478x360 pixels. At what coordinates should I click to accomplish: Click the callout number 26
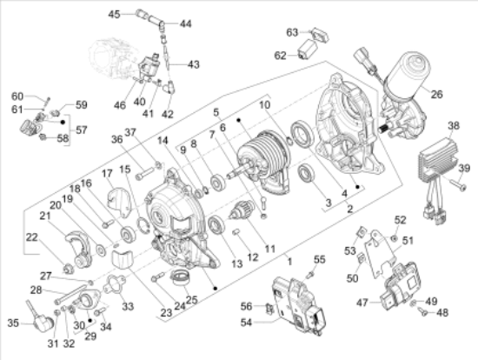pos(436,95)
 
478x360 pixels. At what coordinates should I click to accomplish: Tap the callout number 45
pos(138,14)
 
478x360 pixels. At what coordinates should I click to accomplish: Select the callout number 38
pos(453,125)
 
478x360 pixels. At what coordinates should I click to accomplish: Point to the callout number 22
pos(31,237)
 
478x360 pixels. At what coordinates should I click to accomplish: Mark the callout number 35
pos(13,322)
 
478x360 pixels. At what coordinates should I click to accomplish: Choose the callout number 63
pos(293,32)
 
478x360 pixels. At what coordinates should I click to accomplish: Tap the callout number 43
pos(193,64)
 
